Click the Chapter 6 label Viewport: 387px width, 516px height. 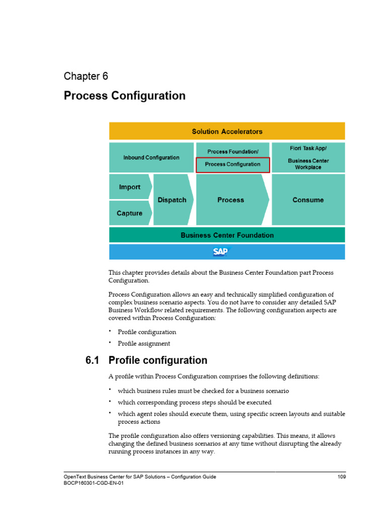point(86,76)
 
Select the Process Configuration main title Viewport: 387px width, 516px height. point(124,95)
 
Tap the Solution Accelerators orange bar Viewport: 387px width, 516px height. point(227,132)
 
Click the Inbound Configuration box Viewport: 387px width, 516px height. point(151,158)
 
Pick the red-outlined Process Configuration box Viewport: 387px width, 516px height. point(233,164)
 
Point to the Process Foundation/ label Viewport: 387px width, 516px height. point(233,152)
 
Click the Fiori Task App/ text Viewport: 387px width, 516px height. point(308,149)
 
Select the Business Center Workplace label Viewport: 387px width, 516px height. point(308,164)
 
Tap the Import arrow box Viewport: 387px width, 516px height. point(130,187)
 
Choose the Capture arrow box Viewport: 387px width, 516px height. point(130,213)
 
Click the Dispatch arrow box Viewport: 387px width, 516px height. point(172,200)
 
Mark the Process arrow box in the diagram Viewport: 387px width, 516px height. point(231,200)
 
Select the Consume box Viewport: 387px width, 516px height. point(308,200)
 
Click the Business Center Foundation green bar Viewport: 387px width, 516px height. point(227,235)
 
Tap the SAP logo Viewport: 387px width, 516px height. point(220,251)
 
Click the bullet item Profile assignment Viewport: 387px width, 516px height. point(144,344)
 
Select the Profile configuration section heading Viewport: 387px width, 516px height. point(158,360)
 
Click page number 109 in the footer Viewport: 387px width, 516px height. point(341,477)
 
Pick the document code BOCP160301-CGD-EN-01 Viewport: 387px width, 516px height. point(94,483)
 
